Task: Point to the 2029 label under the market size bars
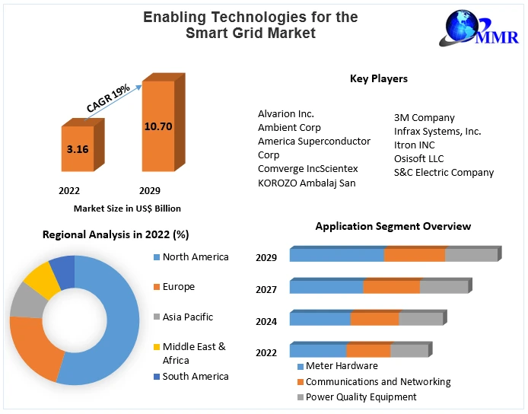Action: coord(149,190)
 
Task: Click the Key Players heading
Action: coord(378,78)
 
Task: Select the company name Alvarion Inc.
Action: coord(286,113)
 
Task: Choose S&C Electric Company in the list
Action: coord(444,172)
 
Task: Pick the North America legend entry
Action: coord(195,257)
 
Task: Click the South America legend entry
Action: coord(195,376)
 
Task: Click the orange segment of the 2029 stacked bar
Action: coord(414,255)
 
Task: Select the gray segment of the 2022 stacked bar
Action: coord(409,351)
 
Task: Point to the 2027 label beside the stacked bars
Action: coord(266,289)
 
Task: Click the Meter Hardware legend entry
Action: coord(341,366)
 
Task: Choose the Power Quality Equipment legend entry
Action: coord(361,396)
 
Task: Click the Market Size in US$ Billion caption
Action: coord(127,208)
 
